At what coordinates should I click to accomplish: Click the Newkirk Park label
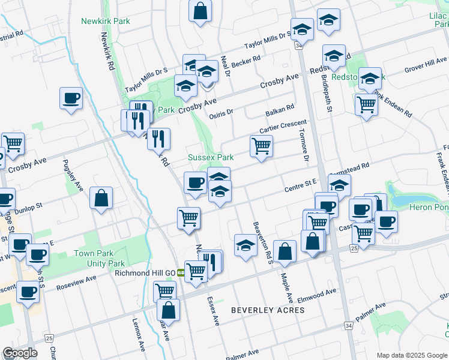106,21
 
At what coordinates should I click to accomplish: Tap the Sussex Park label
211,157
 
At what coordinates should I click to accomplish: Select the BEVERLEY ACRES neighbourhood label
268,310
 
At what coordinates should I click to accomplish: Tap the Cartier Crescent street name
283,125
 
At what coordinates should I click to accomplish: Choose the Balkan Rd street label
280,110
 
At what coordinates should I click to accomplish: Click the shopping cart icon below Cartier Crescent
261,146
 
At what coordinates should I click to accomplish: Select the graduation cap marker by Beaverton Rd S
245,245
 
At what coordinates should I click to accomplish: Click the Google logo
20,353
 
